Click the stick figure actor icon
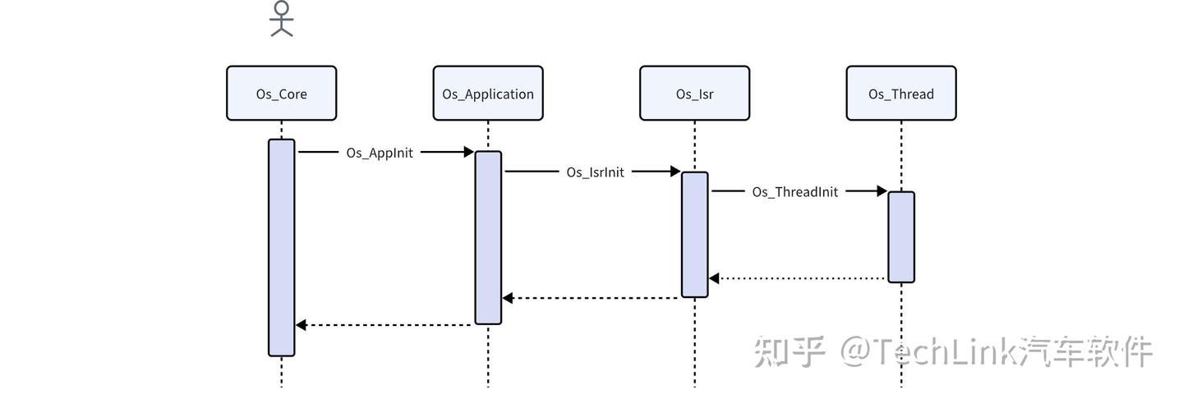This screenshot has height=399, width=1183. tap(282, 19)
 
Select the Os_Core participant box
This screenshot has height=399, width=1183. tap(281, 94)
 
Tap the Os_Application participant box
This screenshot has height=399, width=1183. tap(488, 94)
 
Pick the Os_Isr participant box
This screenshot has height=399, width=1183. tap(694, 94)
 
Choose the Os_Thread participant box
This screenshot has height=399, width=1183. tap(901, 94)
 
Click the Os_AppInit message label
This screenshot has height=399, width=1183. tap(380, 152)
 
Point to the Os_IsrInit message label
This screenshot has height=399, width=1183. tap(595, 172)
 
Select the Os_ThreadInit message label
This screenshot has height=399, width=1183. tap(795, 192)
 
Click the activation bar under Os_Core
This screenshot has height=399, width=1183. tap(281, 247)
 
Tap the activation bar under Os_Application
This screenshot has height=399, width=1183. tap(488, 237)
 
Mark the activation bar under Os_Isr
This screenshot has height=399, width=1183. tap(694, 234)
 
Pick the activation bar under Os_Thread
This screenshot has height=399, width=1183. tap(901, 236)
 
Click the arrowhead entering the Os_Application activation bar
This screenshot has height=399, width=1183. tap(468, 152)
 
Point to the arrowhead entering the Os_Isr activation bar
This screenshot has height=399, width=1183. tap(674, 172)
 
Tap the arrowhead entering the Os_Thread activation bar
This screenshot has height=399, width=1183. tap(881, 191)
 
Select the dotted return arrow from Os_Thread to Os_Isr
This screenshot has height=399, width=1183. tap(797, 278)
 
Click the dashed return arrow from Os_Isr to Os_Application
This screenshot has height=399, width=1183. tap(591, 298)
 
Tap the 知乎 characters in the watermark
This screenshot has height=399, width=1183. tap(789, 351)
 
